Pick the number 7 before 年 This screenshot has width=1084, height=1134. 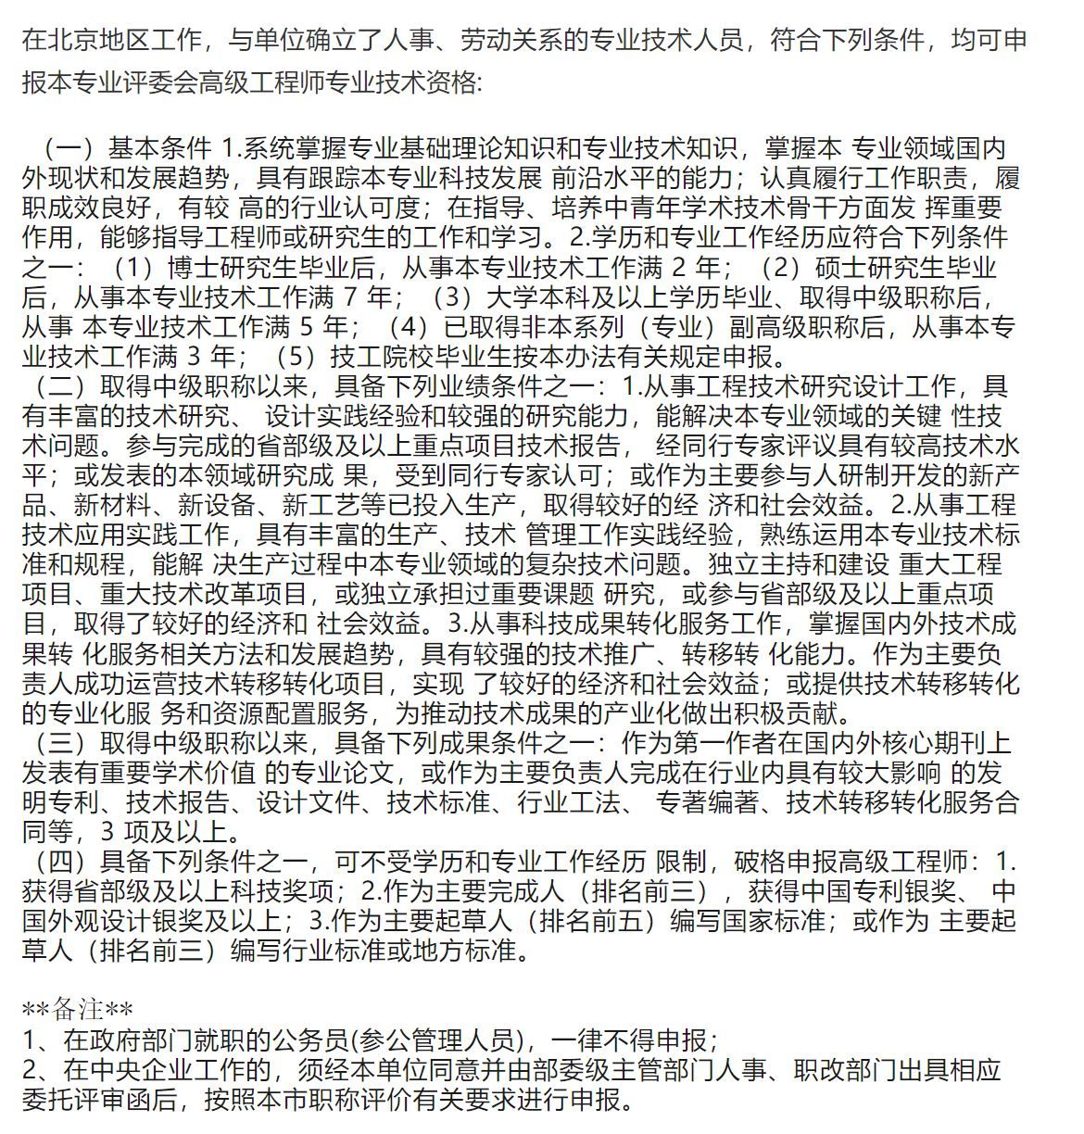click(348, 297)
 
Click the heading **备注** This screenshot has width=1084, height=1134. click(78, 1009)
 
